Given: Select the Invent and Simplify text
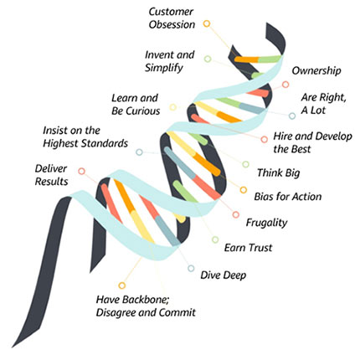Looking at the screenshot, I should click(169, 61).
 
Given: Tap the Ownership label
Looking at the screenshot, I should click(316, 70).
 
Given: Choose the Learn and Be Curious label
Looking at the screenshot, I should click(136, 105).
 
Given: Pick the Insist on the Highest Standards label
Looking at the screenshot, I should click(85, 137).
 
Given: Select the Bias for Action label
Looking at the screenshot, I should click(287, 197).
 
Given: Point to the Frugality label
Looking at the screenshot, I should click(266, 223).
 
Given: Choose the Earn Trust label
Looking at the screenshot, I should click(248, 248).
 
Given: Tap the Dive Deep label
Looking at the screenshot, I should click(223, 273).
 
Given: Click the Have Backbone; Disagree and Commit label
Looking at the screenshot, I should click(145, 306).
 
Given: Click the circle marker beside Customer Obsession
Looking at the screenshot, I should click(207, 24).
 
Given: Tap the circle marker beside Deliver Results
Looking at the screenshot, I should click(81, 171).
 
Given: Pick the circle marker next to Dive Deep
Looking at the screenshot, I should click(191, 269).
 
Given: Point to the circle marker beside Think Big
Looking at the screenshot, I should click(245, 164).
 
